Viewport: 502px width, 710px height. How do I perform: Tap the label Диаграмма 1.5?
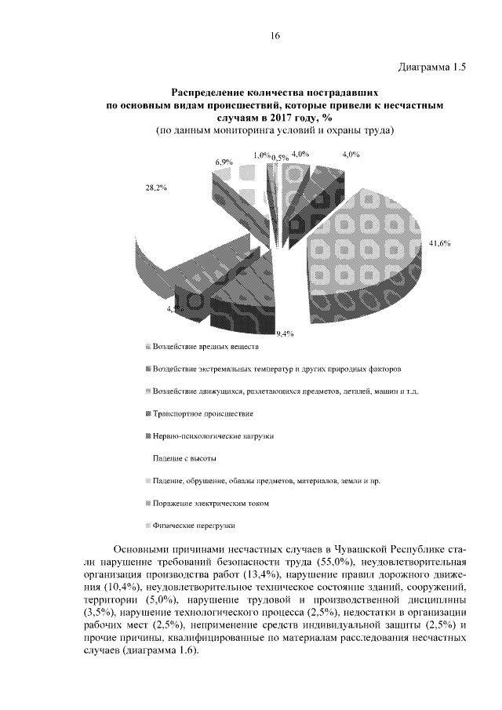[x=428, y=67]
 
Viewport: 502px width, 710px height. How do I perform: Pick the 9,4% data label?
[x=284, y=333]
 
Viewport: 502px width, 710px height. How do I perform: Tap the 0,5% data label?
[x=279, y=158]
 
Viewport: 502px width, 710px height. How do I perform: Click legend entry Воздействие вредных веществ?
[x=205, y=346]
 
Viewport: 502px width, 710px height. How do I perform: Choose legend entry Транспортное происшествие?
[x=203, y=413]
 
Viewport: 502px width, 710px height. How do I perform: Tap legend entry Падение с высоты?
[x=184, y=457]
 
